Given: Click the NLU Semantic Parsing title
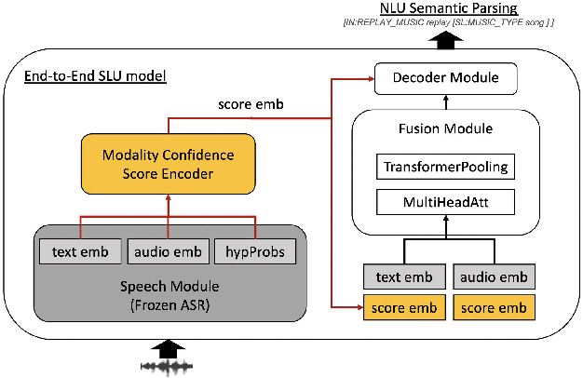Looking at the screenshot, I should (450, 10).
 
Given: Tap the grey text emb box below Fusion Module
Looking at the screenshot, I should (403, 277).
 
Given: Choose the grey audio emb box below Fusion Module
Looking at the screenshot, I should (495, 277).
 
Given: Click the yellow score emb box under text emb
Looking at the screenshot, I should (403, 306).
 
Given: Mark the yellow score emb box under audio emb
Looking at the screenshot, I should (495, 306).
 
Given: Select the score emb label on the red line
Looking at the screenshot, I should (244, 106).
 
